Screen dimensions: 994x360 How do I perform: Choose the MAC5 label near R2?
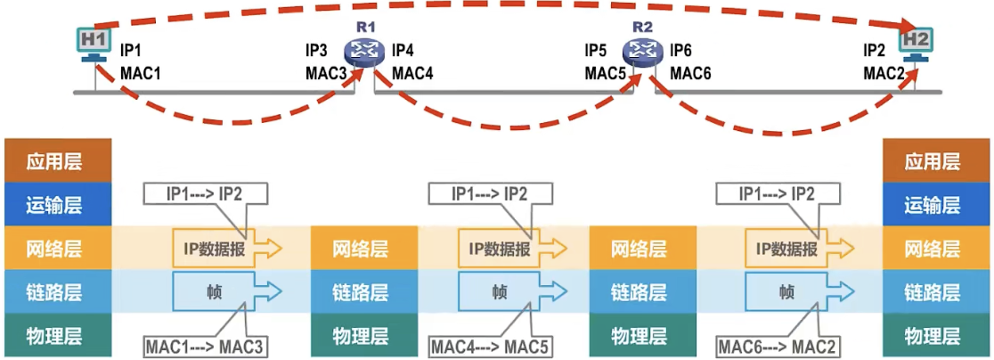point(606,74)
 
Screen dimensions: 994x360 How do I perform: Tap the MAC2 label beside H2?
point(885,74)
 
